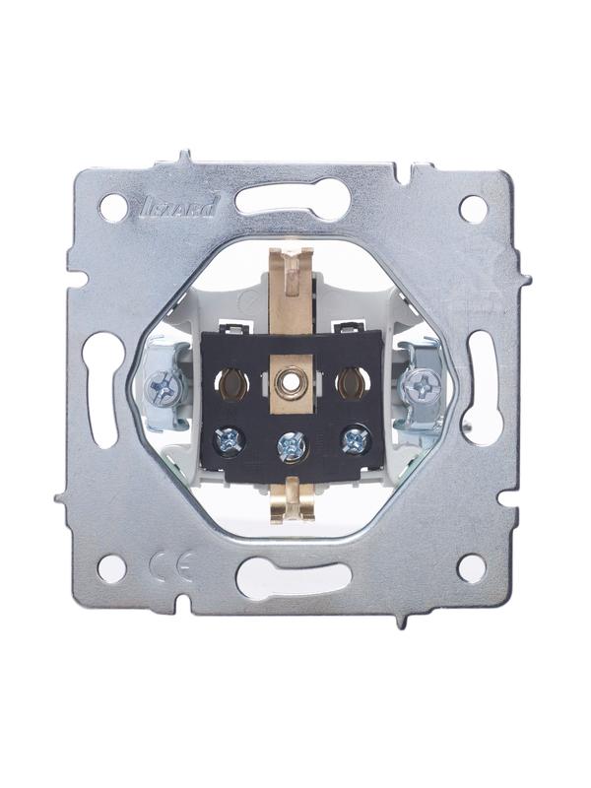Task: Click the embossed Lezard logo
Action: pyautogui.click(x=177, y=207)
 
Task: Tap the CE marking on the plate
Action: pyautogui.click(x=172, y=566)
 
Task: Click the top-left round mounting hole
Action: pyautogui.click(x=113, y=208)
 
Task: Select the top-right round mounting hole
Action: pyautogui.click(x=473, y=209)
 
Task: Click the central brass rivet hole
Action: pyautogui.click(x=289, y=383)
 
